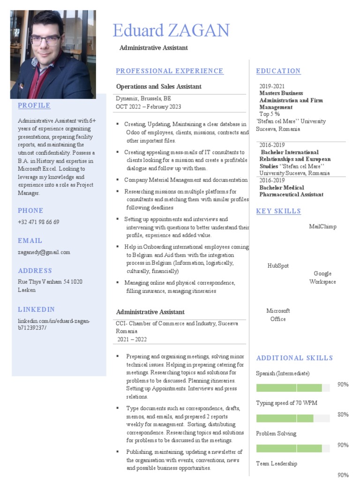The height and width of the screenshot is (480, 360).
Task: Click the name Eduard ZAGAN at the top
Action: (171, 31)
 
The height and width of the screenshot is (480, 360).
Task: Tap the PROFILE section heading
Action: (34, 105)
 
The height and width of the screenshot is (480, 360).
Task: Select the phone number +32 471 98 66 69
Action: (38, 222)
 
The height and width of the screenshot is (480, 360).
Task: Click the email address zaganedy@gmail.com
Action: (44, 252)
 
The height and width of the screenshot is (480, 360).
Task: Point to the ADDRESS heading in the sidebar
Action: (35, 270)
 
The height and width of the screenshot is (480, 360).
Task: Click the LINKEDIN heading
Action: (37, 309)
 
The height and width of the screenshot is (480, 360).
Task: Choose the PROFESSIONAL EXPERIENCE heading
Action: (170, 71)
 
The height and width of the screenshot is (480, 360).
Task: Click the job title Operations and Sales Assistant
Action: (159, 87)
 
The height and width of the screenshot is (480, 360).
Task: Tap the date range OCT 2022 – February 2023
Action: (149, 107)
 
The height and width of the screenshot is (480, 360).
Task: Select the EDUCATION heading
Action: (278, 71)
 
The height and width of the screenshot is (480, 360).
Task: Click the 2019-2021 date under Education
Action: (272, 86)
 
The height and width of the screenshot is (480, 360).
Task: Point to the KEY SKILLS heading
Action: (278, 211)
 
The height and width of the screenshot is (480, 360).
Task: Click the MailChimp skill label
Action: (322, 227)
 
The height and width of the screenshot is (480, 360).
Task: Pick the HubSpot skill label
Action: (278, 266)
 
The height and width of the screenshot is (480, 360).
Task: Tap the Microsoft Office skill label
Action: (278, 315)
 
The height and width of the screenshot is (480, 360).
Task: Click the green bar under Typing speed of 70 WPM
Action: (285, 418)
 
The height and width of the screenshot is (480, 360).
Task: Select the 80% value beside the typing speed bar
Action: (343, 414)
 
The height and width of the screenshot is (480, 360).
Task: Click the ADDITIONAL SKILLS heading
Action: (294, 358)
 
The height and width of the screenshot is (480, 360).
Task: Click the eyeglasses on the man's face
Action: (45, 40)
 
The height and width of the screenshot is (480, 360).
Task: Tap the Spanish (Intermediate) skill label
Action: (283, 374)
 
